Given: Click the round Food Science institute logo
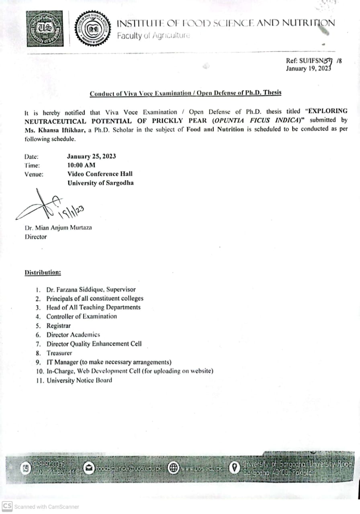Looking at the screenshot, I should click(94, 30).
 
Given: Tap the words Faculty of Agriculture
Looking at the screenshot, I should click(153, 36).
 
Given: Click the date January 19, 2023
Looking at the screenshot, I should click(308, 69).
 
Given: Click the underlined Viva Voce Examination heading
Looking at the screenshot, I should click(186, 93).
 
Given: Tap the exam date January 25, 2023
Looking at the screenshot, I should click(92, 156).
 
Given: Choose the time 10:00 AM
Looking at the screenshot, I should click(82, 165).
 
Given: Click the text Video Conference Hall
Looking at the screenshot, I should click(100, 174).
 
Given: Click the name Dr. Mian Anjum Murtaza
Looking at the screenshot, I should click(58, 228).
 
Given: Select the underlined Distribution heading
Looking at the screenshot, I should click(43, 272).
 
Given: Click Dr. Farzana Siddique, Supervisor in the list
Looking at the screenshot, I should click(91, 289).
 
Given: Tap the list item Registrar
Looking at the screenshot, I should click(58, 326).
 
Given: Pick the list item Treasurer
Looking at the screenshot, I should click(59, 353).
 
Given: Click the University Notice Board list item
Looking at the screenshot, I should click(79, 380).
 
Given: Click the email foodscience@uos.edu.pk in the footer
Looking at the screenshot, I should click(129, 468).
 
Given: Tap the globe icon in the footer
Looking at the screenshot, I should click(173, 468).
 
